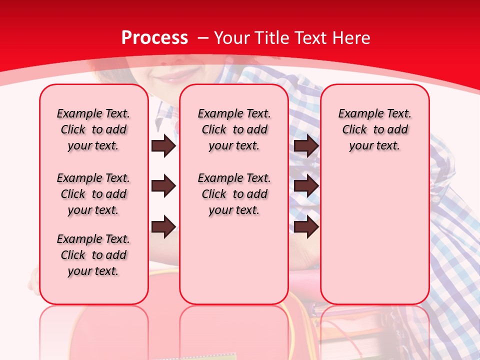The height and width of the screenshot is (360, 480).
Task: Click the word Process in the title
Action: point(154,38)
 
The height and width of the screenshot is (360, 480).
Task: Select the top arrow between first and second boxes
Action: point(163,145)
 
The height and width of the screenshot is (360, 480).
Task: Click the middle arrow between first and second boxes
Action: point(163,186)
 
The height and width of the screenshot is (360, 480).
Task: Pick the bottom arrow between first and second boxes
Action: point(163,227)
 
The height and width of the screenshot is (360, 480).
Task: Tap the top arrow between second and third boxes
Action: point(306,145)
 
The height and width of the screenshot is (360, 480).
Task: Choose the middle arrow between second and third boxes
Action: point(306,186)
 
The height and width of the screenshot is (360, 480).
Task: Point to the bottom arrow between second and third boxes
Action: point(306,227)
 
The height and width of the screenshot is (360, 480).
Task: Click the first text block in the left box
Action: point(93,129)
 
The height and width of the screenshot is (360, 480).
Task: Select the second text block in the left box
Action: point(93,194)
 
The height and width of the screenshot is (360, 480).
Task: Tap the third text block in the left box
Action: point(93,255)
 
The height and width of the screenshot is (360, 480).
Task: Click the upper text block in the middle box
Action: point(234,129)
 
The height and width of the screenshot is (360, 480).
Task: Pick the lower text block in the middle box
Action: point(234,194)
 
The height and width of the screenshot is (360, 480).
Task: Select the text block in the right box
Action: point(375,129)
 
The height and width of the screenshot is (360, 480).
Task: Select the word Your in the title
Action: point(231,38)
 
